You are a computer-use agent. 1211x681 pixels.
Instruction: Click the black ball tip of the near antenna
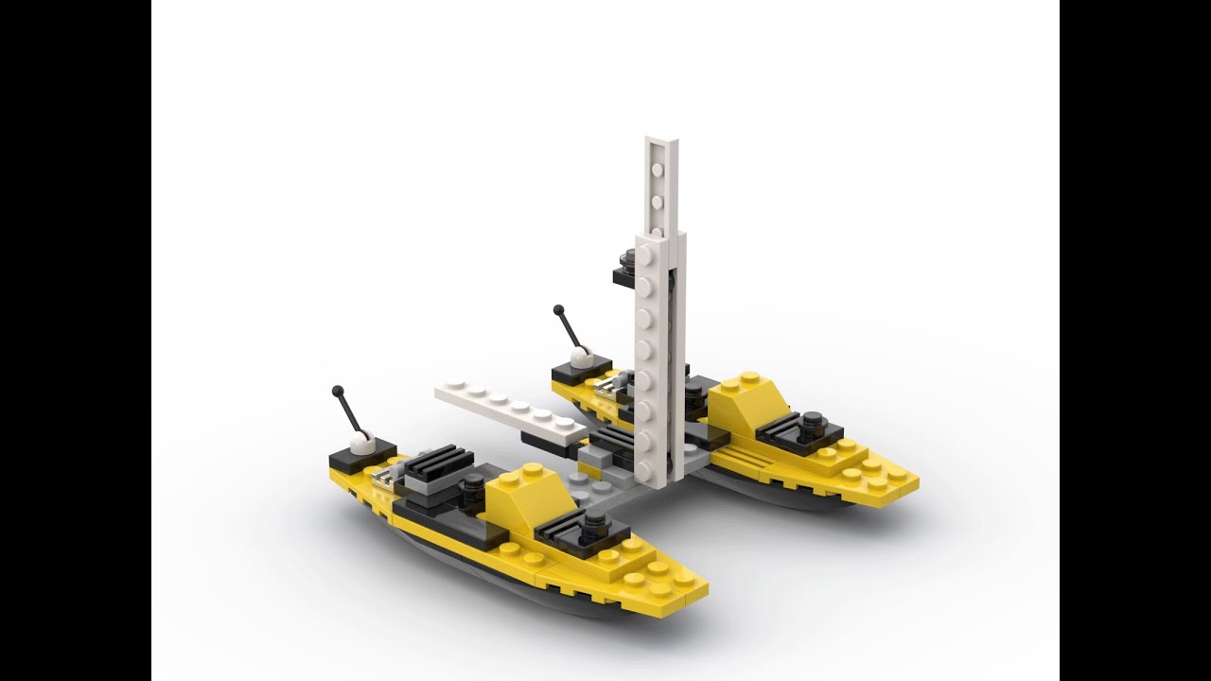tap(337, 390)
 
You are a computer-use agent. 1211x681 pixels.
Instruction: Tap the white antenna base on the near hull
tap(362, 440)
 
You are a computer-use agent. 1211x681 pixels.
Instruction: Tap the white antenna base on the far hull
tap(582, 357)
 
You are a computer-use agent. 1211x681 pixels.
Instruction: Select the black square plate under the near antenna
tap(351, 461)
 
